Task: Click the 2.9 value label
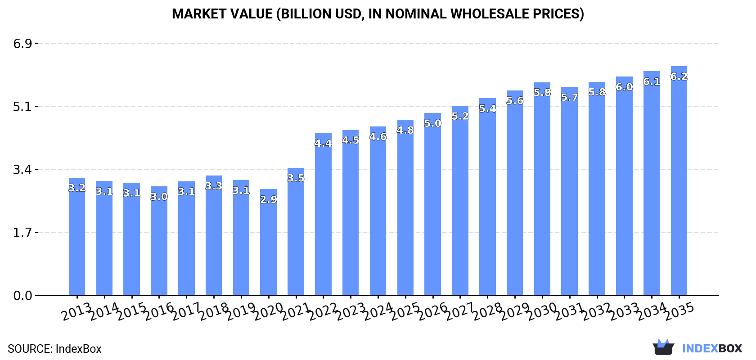pyautogui.click(x=269, y=199)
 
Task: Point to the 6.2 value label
pyautogui.click(x=679, y=76)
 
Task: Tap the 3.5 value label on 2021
pyautogui.click(x=296, y=178)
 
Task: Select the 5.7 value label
pyautogui.click(x=569, y=97)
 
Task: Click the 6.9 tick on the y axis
pyautogui.click(x=22, y=44)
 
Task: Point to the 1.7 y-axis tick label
pyautogui.click(x=22, y=233)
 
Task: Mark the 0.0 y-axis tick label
pyautogui.click(x=22, y=296)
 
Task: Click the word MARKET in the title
pyautogui.click(x=199, y=14)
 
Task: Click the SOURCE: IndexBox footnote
pyautogui.click(x=54, y=349)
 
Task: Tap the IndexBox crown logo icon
pyautogui.click(x=663, y=347)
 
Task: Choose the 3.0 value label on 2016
pyautogui.click(x=159, y=197)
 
